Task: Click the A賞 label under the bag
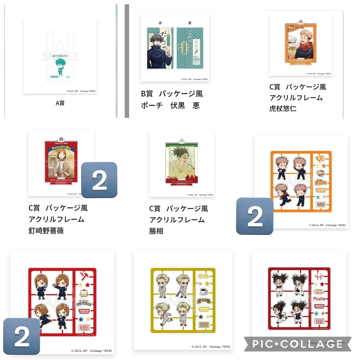click(60, 103)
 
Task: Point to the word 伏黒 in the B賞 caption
click(178, 105)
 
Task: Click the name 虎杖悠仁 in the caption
click(283, 108)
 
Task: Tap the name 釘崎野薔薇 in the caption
click(46, 231)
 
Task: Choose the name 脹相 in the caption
click(156, 231)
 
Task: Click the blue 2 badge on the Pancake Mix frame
click(99, 180)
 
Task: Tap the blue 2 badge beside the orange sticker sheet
click(255, 216)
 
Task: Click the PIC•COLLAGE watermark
click(298, 344)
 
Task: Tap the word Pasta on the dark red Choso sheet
click(319, 299)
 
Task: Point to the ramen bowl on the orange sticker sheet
click(321, 172)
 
